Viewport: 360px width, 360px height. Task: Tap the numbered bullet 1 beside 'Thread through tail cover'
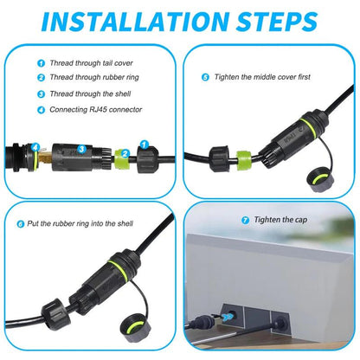(x=40, y=63)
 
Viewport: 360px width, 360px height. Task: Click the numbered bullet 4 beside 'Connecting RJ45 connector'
(x=40, y=109)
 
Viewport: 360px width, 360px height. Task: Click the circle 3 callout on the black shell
(x=81, y=150)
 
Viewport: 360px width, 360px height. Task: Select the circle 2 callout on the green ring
(x=125, y=153)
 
